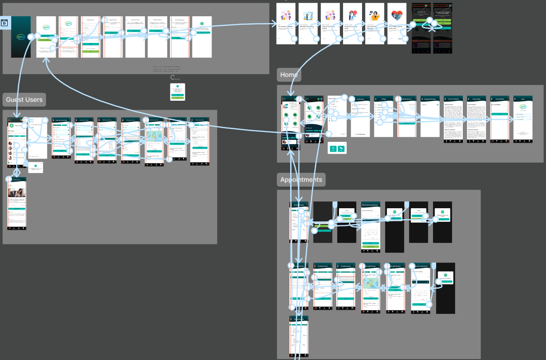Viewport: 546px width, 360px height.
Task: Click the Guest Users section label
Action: click(x=24, y=100)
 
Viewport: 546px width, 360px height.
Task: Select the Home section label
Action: click(x=289, y=75)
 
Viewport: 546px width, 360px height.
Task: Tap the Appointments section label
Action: click(x=301, y=180)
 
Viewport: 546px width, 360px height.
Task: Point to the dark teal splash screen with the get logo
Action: click(x=21, y=37)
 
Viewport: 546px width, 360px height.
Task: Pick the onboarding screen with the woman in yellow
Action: click(x=374, y=23)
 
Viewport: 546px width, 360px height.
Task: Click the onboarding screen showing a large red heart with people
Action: click(x=397, y=23)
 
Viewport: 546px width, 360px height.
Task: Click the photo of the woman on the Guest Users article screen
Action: click(x=17, y=192)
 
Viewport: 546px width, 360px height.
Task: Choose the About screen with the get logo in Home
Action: click(x=523, y=120)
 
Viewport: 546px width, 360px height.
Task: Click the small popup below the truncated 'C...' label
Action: click(x=177, y=92)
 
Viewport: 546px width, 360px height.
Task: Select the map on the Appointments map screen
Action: click(x=370, y=284)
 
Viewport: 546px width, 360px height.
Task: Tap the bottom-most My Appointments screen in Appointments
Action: click(x=298, y=337)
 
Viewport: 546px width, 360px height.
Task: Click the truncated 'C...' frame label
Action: click(x=175, y=78)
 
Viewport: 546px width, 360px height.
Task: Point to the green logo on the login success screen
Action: click(x=202, y=23)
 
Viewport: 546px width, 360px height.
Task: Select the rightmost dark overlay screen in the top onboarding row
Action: click(x=443, y=28)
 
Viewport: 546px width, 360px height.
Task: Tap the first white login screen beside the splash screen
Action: click(x=46, y=37)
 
